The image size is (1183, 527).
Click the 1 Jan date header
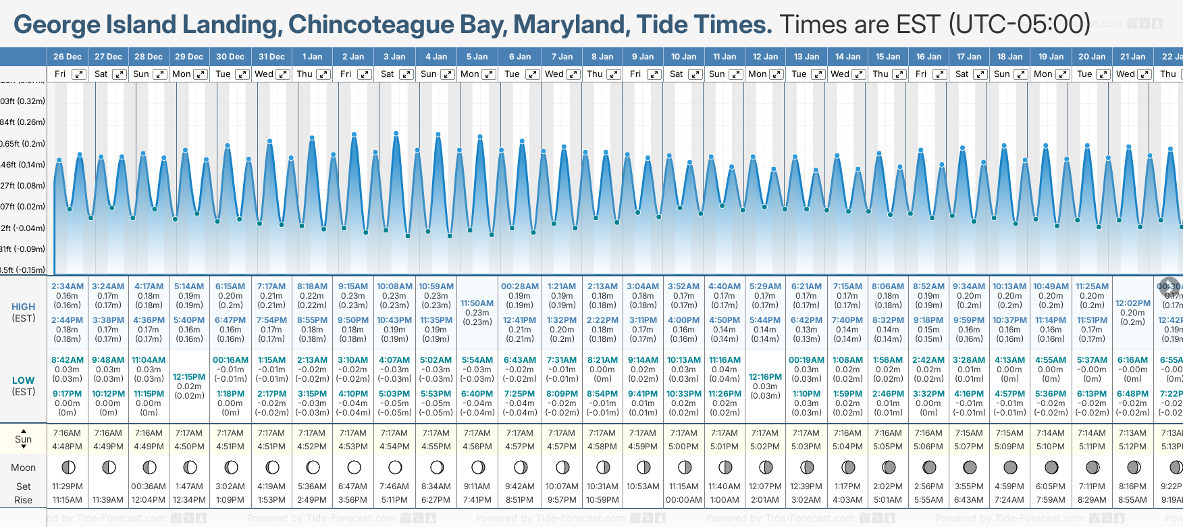312,57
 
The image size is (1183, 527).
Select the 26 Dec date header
68,57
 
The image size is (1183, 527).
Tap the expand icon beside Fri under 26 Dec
79,74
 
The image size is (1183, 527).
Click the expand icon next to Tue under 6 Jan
532,74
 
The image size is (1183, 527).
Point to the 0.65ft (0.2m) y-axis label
23,143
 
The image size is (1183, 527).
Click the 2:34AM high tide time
68,286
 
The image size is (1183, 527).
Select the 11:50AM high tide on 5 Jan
477,303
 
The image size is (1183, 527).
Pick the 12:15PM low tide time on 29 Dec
189,377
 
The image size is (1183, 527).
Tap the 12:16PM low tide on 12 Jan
765,377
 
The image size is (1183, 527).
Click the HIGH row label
24,307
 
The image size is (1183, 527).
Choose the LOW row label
24,380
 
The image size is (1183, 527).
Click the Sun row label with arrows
24,438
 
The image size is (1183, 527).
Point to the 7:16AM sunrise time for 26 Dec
67,433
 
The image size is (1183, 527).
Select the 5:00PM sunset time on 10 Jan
683,447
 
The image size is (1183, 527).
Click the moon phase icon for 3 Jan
395,467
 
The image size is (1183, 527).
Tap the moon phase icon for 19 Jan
1051,467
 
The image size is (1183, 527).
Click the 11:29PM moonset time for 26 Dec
67,486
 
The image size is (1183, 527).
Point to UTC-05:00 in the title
1019,24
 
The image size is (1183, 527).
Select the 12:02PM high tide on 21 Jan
1132,303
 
